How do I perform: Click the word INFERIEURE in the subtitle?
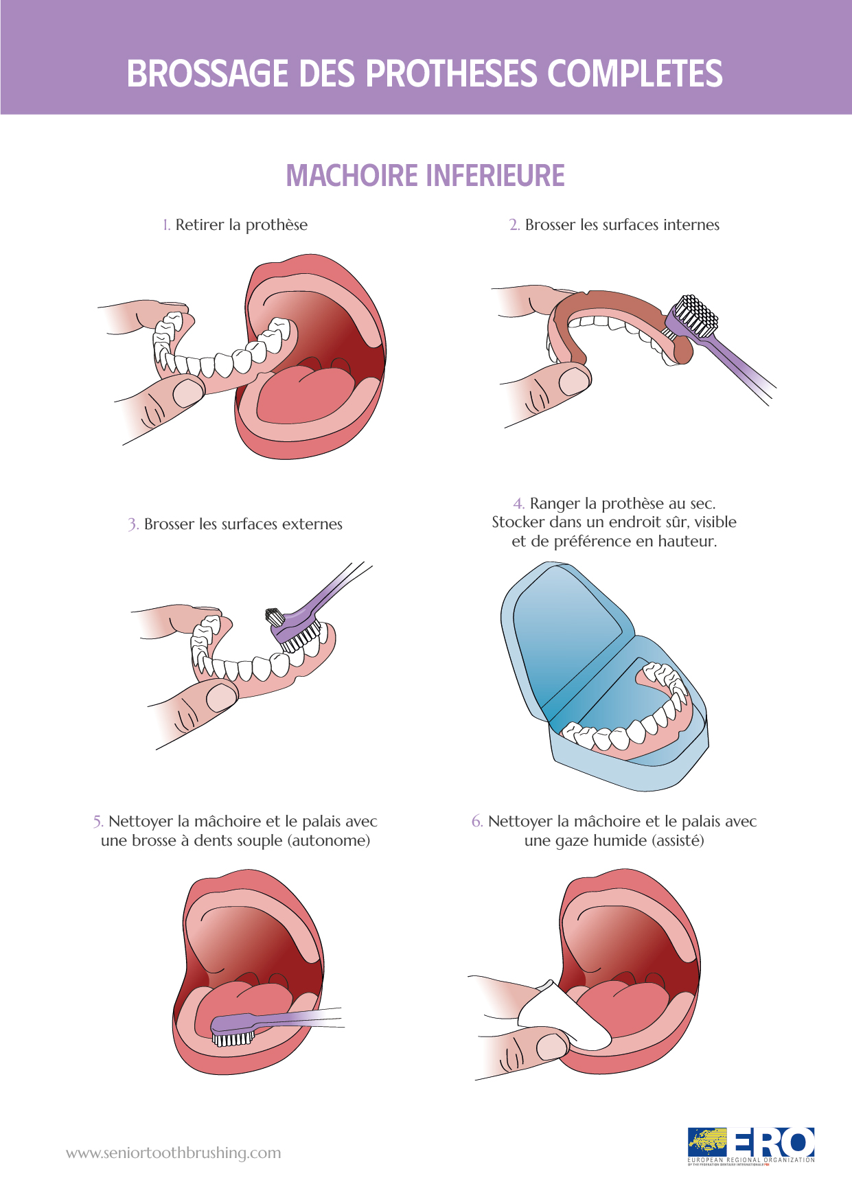tap(496, 176)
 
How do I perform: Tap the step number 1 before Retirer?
tap(166, 225)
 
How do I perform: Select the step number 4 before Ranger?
tap(519, 504)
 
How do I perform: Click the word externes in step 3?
tap(312, 524)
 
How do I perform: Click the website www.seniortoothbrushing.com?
tap(174, 1153)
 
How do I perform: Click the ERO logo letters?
tap(771, 1143)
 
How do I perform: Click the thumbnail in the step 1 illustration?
tap(187, 393)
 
